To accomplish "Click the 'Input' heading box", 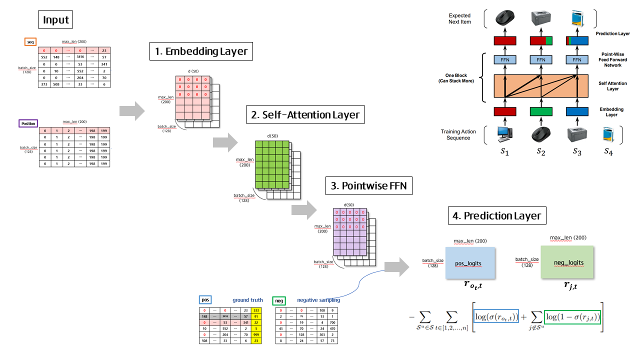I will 56,20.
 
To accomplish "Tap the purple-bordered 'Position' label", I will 28,123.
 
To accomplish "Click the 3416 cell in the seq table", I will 79,58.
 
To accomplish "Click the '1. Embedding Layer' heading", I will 200,51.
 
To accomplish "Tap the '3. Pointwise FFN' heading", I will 369,186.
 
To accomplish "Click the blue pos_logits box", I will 470,262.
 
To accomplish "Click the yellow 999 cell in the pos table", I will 256,334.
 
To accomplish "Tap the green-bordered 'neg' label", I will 278,300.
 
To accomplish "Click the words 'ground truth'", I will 247,300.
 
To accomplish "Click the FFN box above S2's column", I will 540,60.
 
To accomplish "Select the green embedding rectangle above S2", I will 540,111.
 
